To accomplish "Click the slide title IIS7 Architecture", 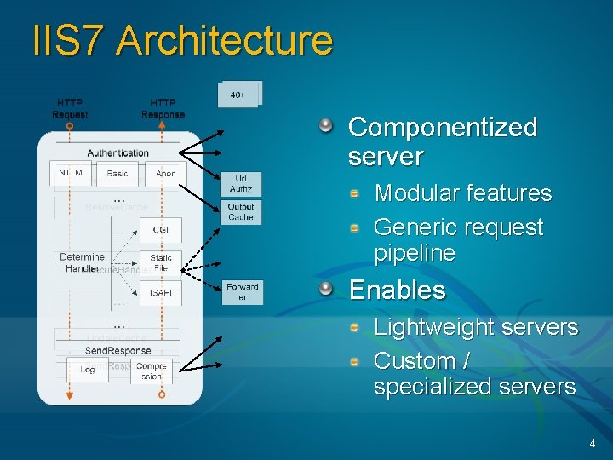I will click(x=182, y=41).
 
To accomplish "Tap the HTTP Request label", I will click(x=70, y=108).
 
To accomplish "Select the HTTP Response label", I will click(x=163, y=108).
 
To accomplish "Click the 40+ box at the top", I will click(x=239, y=95).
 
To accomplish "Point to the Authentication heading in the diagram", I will click(x=117, y=152).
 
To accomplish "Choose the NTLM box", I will click(x=71, y=173).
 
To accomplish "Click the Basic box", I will click(x=118, y=173).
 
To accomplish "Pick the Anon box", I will click(x=166, y=173).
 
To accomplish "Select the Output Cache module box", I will click(x=241, y=212).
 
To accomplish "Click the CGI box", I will click(x=161, y=229).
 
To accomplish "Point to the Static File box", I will click(x=161, y=262).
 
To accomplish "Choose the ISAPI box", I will click(x=161, y=292).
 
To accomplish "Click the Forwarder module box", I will click(x=243, y=292).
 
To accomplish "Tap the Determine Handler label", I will click(x=82, y=262).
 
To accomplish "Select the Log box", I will click(x=88, y=370).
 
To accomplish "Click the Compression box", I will click(x=152, y=371).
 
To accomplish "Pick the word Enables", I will click(x=398, y=290).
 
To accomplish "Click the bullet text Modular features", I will click(x=463, y=193).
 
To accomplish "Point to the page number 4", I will click(x=592, y=444).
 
